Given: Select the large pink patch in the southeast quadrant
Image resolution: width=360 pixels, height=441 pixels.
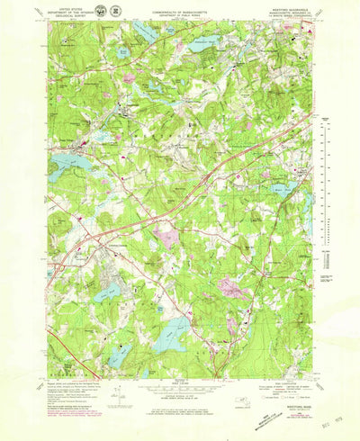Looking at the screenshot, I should pos(231,288).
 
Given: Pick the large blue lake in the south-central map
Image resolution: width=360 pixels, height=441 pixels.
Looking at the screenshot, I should pos(172,335).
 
